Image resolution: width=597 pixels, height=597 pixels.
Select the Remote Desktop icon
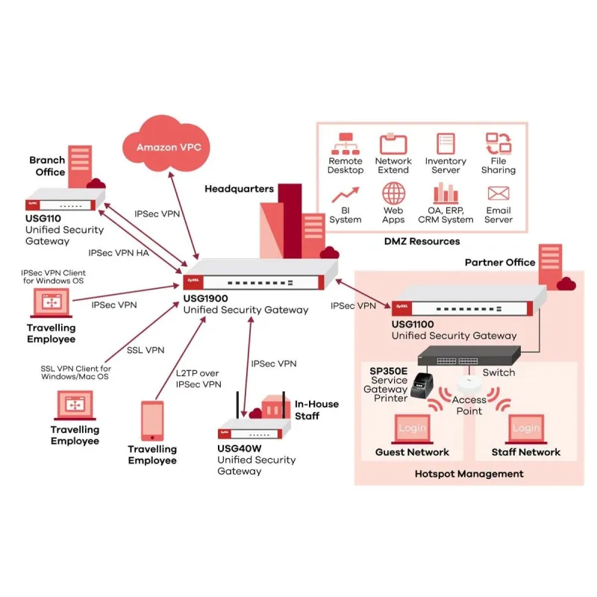(345, 143)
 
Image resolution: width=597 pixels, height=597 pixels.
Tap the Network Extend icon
(393, 143)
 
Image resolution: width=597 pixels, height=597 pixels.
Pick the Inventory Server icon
(446, 143)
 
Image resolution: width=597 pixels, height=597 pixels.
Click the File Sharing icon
(498, 143)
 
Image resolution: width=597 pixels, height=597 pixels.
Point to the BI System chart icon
(345, 196)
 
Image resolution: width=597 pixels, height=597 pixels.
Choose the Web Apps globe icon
(393, 194)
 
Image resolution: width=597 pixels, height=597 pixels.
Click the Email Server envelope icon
(498, 194)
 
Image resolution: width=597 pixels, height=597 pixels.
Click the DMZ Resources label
(422, 241)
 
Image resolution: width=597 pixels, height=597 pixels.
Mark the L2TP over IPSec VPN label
(199, 378)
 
